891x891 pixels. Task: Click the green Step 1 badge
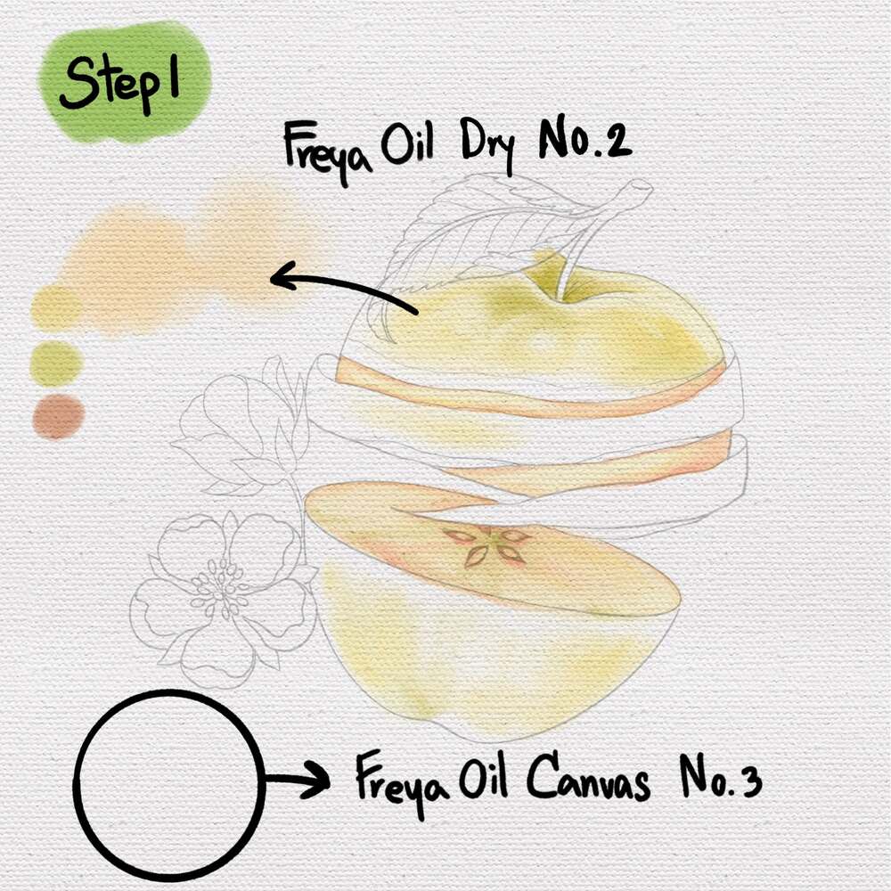(125, 82)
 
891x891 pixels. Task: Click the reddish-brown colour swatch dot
(59, 416)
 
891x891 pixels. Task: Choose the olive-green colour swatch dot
(55, 364)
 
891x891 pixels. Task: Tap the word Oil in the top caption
(407, 141)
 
